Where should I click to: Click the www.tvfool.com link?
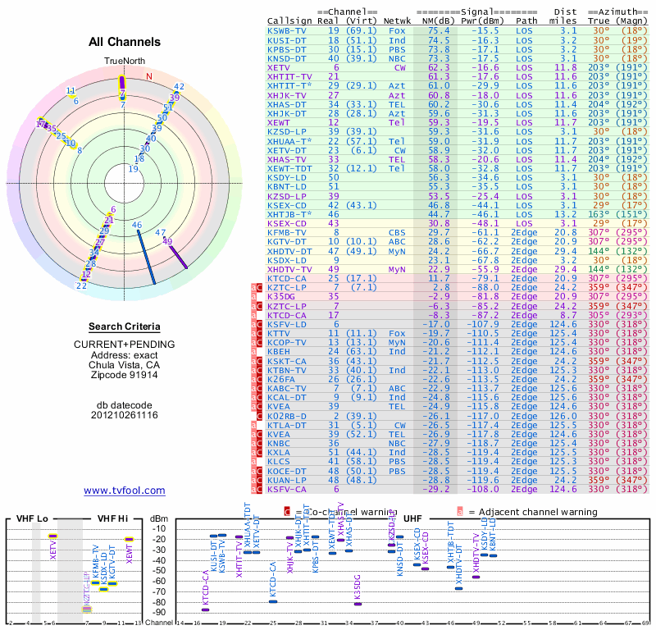[x=125, y=491]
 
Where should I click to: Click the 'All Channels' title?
[x=125, y=42]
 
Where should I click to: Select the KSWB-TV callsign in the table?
[x=288, y=30]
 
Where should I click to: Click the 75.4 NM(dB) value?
[x=437, y=30]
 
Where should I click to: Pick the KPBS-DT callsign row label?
[x=288, y=49]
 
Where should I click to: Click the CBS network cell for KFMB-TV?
[x=397, y=233]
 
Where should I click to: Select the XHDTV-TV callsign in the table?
[x=290, y=269]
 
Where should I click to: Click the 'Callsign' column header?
[x=290, y=21]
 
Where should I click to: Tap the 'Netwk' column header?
[x=397, y=21]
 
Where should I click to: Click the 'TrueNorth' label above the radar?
[x=123, y=62]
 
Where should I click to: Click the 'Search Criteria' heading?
[x=125, y=326]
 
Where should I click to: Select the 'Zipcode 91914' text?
[x=125, y=375]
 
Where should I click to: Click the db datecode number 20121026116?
[x=125, y=415]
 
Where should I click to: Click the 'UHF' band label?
[x=413, y=519]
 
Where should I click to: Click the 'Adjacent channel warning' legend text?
[x=532, y=512]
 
